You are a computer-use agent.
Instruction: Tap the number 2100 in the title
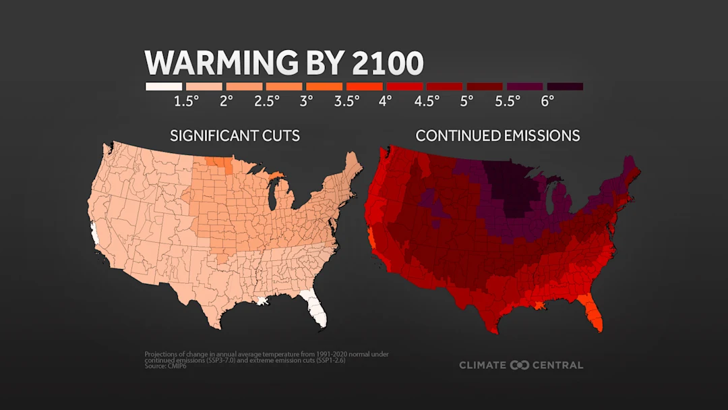(388, 63)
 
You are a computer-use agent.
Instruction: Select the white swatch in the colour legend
(164, 86)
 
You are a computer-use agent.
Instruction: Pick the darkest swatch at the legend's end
(565, 86)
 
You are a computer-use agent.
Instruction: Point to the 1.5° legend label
(187, 101)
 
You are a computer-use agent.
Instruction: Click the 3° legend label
(307, 101)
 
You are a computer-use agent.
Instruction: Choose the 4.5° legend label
(427, 101)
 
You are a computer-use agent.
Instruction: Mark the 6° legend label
(547, 101)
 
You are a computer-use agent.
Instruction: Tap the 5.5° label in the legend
(507, 101)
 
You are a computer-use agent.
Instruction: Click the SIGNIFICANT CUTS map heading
(235, 136)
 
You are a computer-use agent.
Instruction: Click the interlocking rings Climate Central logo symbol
(520, 365)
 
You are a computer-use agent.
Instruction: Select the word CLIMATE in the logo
(483, 365)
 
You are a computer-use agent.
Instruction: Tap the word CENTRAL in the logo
(557, 365)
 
